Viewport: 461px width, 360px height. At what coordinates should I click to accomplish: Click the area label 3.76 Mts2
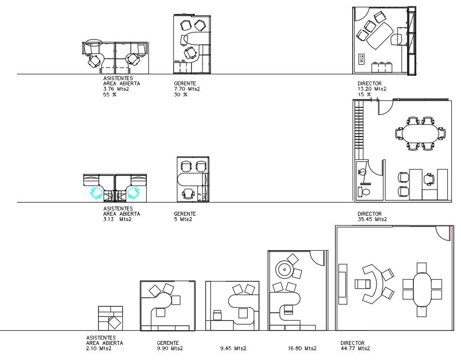pyautogui.click(x=116, y=89)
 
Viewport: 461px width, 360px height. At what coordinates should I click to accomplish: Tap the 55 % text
pyautogui.click(x=109, y=95)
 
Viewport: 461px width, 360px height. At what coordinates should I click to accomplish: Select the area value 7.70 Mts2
pyautogui.click(x=187, y=89)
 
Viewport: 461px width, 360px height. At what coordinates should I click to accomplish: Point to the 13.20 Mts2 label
pyautogui.click(x=372, y=89)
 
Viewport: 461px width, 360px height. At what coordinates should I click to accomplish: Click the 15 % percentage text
pyautogui.click(x=364, y=94)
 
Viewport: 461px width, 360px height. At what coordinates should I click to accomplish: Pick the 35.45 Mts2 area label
pyautogui.click(x=372, y=219)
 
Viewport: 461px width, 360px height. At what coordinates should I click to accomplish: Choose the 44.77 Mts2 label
pyautogui.click(x=355, y=348)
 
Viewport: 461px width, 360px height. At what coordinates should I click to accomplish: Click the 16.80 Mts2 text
pyautogui.click(x=302, y=348)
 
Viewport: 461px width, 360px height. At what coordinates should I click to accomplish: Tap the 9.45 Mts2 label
pyautogui.click(x=233, y=348)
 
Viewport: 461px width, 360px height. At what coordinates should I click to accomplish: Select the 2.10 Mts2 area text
pyautogui.click(x=99, y=348)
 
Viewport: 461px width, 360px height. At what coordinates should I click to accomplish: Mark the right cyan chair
pyautogui.click(x=134, y=193)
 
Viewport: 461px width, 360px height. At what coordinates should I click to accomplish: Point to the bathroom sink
pyautogui.click(x=361, y=171)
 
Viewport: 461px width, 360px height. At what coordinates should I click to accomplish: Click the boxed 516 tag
pyautogui.click(x=361, y=59)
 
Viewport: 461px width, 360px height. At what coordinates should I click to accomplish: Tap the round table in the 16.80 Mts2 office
pyautogui.click(x=284, y=269)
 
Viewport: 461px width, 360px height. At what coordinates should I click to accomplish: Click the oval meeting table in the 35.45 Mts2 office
pyautogui.click(x=420, y=133)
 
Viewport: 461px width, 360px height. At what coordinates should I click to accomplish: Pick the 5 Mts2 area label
pyautogui.click(x=183, y=219)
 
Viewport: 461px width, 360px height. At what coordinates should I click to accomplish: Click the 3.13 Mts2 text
pyautogui.click(x=117, y=219)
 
